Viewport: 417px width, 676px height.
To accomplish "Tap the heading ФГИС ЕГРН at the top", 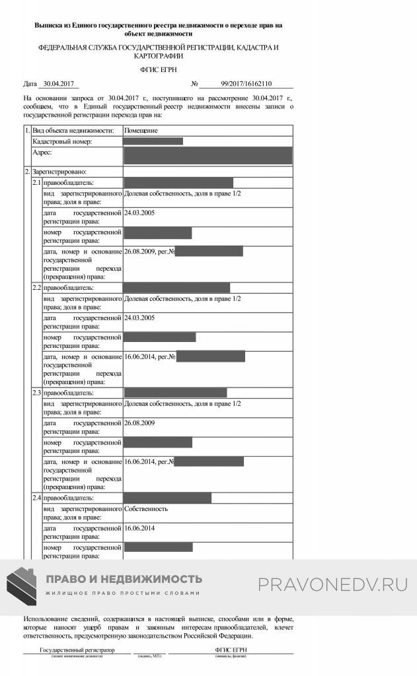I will click(159, 69).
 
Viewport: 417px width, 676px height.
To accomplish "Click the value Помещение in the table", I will click(141, 131).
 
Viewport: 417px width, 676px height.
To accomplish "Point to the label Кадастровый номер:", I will click(62, 141).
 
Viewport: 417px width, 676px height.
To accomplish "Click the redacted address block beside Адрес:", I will click(208, 156).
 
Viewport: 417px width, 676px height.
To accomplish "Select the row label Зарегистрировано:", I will click(59, 172).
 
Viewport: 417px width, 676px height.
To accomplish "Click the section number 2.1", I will click(37, 182).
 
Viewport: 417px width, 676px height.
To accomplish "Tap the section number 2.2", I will click(37, 288).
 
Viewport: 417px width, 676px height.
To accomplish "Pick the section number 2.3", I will click(37, 393).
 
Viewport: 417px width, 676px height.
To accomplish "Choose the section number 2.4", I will click(37, 498).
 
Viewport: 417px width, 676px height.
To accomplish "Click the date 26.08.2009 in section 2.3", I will click(139, 422).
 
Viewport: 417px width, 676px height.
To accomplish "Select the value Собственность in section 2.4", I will click(146, 508).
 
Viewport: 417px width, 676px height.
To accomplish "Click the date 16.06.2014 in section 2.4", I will click(139, 528).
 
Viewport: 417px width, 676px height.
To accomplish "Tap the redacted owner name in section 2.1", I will click(178, 182).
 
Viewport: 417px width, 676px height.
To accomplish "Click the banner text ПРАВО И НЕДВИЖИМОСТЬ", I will click(124, 579).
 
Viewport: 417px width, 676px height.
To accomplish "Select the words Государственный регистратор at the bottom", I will click(77, 650).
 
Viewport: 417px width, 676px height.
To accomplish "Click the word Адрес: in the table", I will click(42, 152).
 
